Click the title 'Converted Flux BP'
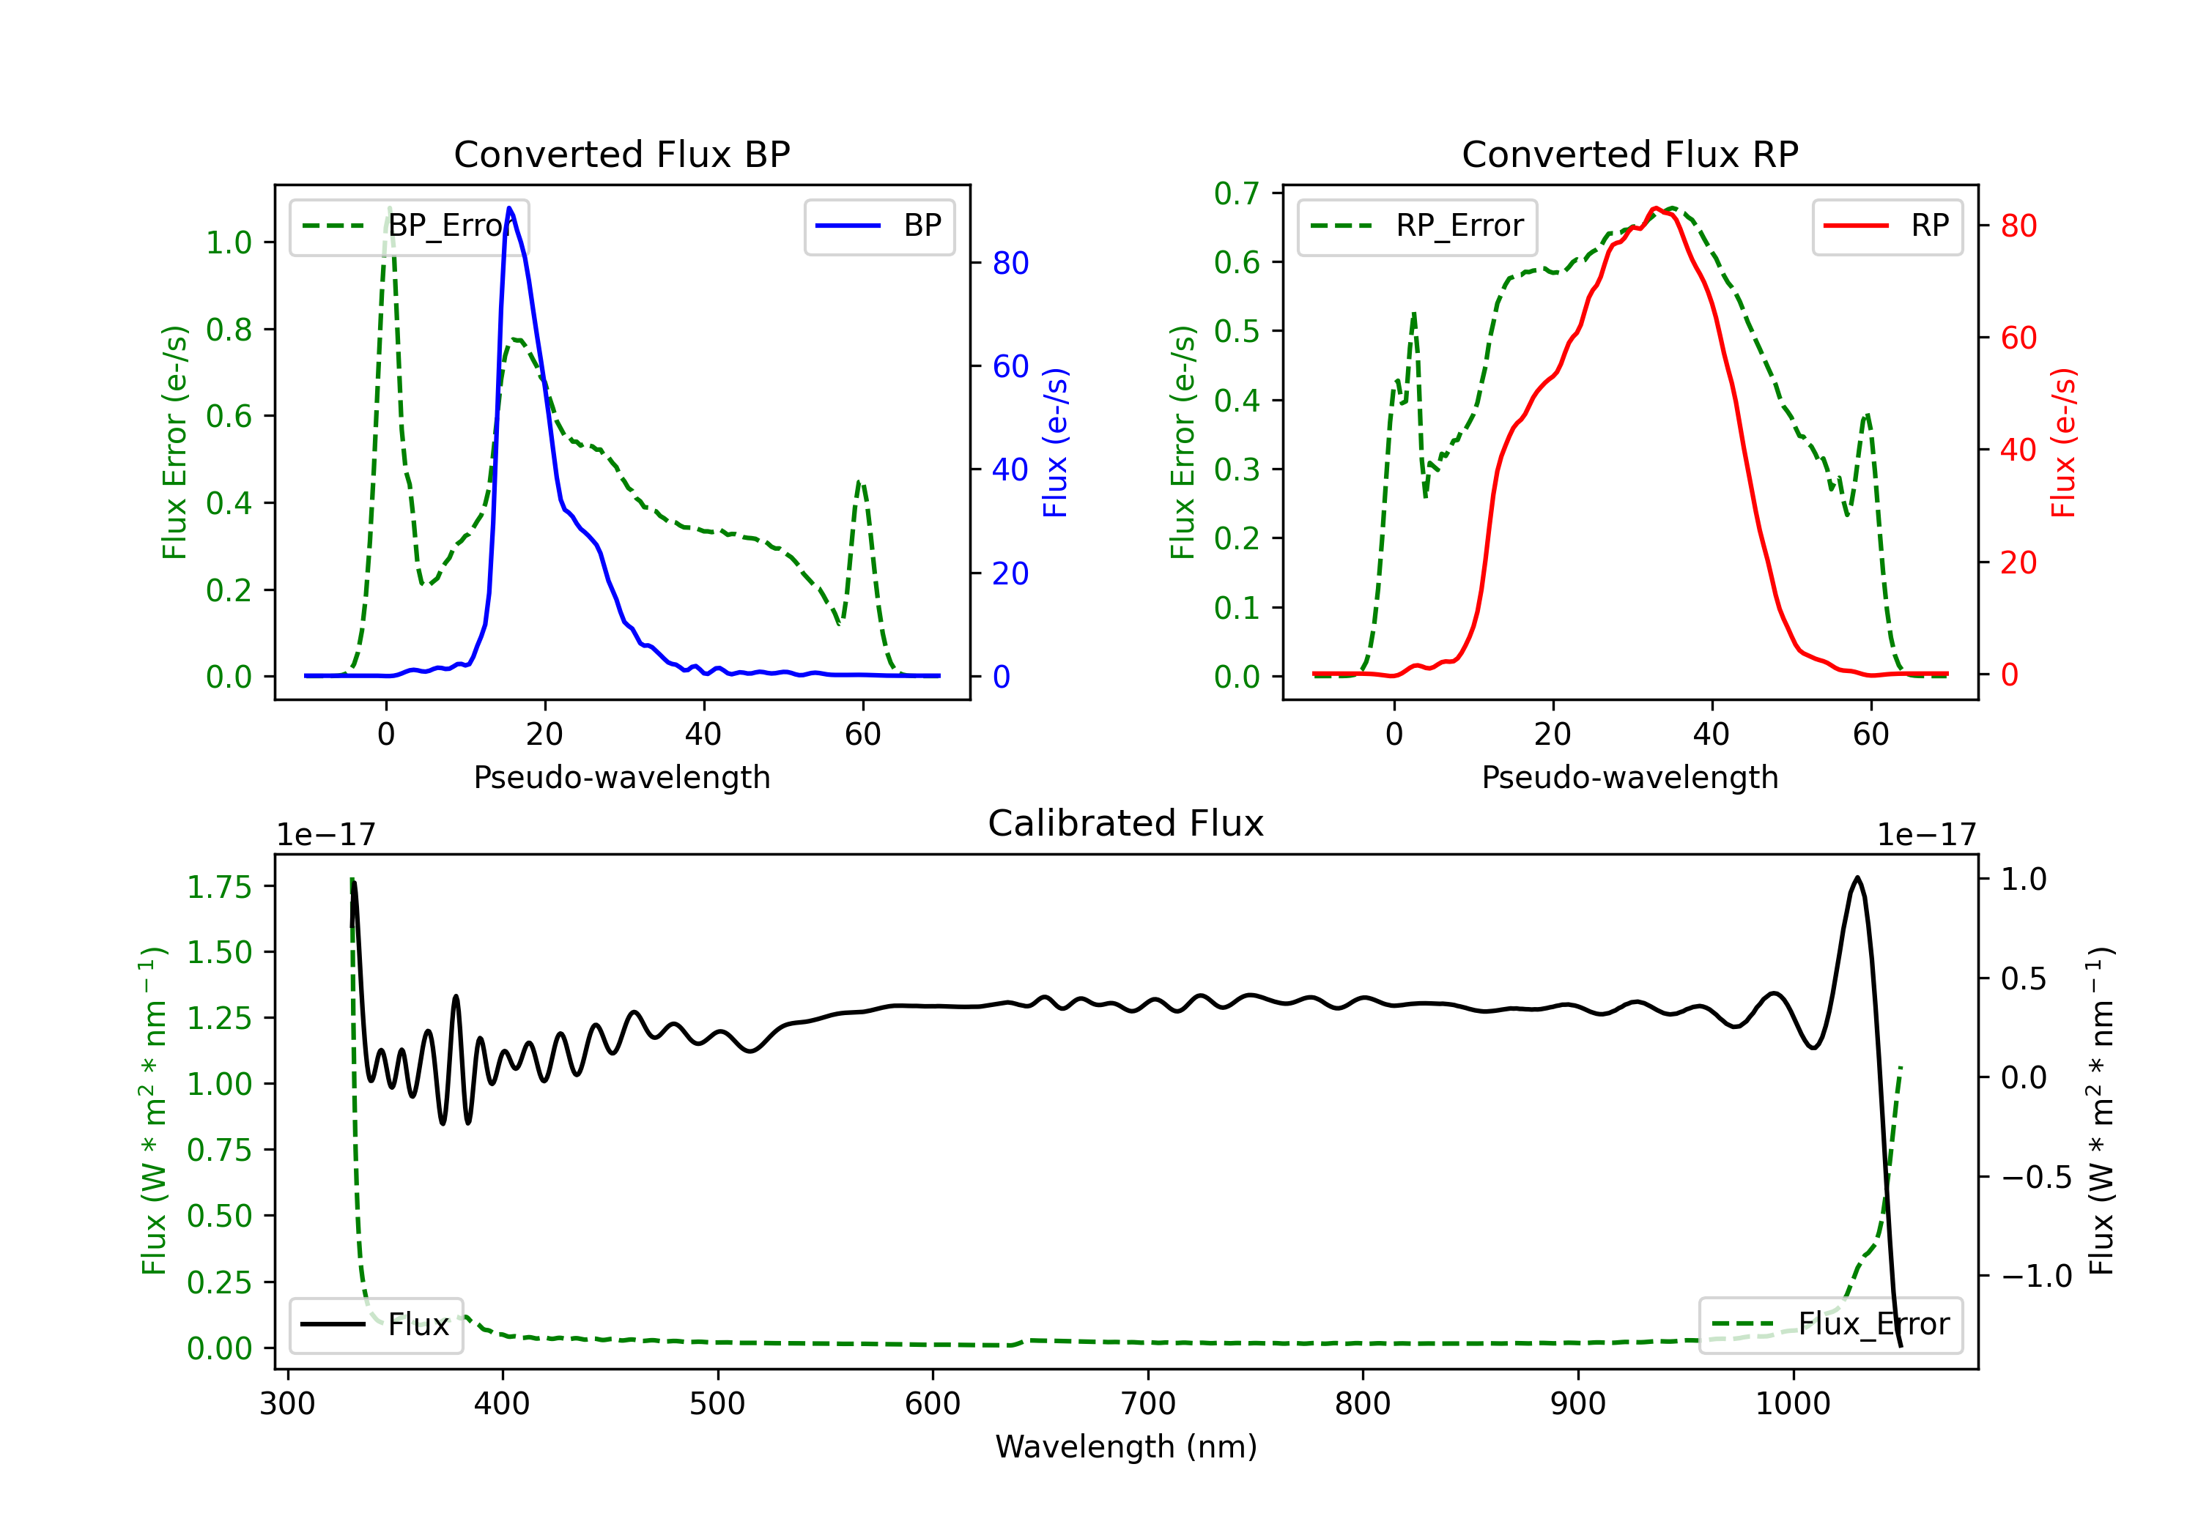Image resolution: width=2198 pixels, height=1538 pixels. pyautogui.click(x=621, y=154)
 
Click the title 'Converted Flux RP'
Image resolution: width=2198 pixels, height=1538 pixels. pyautogui.click(x=1629, y=154)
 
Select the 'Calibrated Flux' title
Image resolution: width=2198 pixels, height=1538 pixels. pyautogui.click(x=1126, y=823)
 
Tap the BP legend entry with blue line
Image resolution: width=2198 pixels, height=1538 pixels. pyautogui.click(x=878, y=226)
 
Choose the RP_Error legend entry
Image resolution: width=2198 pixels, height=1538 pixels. pyautogui.click(x=1417, y=226)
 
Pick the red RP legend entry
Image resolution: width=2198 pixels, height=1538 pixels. pyautogui.click(x=1887, y=226)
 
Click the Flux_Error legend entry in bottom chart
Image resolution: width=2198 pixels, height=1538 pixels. pyautogui.click(x=1830, y=1325)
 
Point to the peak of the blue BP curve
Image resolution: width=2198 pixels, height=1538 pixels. pyautogui.click(x=509, y=208)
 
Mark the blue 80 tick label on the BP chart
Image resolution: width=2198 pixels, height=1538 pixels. pyautogui.click(x=1010, y=263)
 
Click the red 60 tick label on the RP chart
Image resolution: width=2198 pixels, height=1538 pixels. pyautogui.click(x=2018, y=338)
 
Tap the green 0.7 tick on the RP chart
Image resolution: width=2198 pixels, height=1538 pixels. pyautogui.click(x=1237, y=193)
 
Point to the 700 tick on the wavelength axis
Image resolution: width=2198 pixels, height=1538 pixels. pyautogui.click(x=1148, y=1404)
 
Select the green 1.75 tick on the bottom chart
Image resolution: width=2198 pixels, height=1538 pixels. pyautogui.click(x=219, y=887)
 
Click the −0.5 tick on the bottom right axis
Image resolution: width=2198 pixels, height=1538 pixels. pyautogui.click(x=2036, y=1177)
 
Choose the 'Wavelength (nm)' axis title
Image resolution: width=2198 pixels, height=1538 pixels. pyautogui.click(x=1126, y=1447)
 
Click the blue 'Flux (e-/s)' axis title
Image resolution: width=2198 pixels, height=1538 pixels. pyautogui.click(x=1055, y=442)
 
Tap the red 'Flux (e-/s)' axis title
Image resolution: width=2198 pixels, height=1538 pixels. pyautogui.click(x=2063, y=442)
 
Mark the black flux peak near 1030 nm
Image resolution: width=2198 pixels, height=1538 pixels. pyautogui.click(x=1858, y=877)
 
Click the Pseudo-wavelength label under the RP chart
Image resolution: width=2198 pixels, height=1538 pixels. pyautogui.click(x=1629, y=777)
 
